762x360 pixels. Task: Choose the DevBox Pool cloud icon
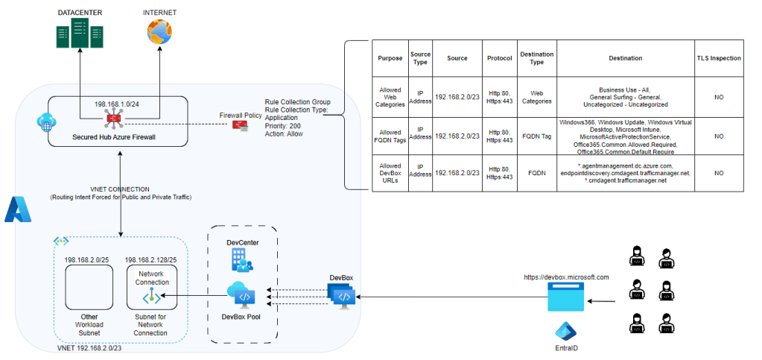[241, 295]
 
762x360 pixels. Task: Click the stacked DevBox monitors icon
[342, 297]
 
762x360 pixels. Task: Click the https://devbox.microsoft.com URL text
[566, 277]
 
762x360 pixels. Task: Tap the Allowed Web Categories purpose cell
[390, 95]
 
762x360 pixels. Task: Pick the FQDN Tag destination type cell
[536, 136]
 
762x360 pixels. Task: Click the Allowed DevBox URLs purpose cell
[390, 173]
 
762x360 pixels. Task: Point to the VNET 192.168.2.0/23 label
[90, 348]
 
